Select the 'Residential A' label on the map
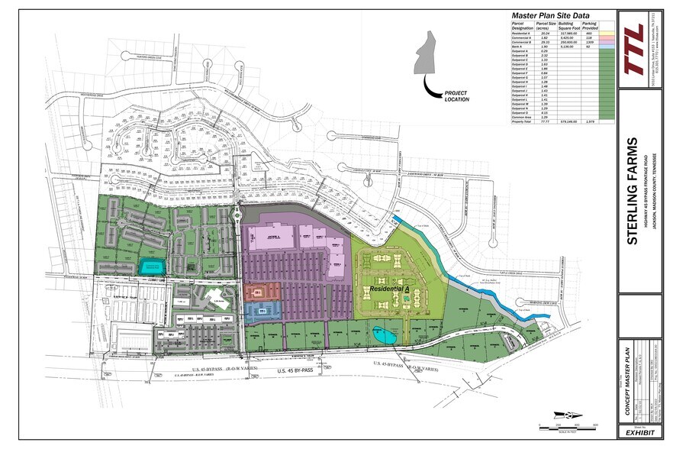coord(389,290)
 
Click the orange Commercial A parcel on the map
coord(261,292)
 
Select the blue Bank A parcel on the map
coord(262,310)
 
